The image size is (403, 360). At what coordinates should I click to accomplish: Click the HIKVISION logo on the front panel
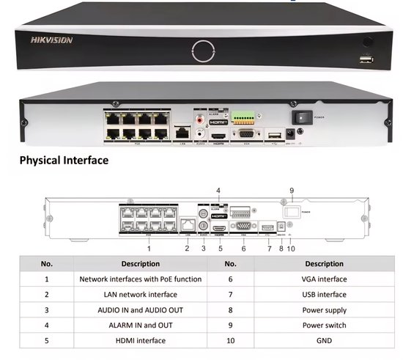pos(51,40)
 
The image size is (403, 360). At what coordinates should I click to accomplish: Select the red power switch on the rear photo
pos(301,116)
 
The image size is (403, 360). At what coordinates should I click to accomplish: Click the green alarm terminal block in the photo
pos(243,117)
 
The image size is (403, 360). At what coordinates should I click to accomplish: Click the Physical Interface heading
pos(64,160)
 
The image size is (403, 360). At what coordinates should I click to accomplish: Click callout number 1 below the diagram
pos(149,248)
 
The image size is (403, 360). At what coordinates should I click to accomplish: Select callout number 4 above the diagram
pos(218,191)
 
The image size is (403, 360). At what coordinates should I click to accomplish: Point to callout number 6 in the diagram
pos(243,248)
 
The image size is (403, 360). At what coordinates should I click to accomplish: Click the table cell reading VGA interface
pos(324,279)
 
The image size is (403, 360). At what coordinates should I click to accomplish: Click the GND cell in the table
pos(324,340)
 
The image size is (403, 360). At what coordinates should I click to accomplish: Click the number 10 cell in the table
pos(230,340)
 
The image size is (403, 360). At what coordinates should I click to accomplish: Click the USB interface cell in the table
pos(324,294)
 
